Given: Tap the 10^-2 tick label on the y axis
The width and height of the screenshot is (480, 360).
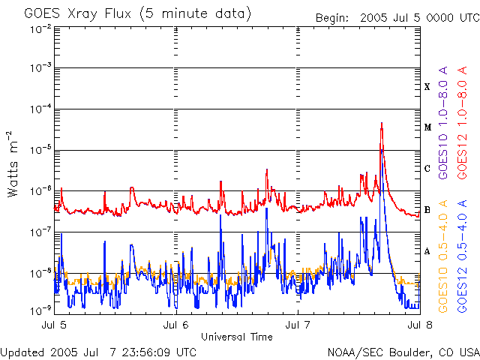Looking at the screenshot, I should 41,29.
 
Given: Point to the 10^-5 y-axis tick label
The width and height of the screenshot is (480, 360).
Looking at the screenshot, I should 41,149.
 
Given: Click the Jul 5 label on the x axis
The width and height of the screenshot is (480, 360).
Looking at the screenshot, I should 55,325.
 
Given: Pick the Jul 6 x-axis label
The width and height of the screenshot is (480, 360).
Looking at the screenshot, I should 176,325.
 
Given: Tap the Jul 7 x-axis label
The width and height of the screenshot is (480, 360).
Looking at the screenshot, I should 298,325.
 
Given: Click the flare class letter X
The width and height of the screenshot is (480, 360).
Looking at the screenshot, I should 427,87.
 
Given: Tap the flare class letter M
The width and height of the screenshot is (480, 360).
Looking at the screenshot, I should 427,127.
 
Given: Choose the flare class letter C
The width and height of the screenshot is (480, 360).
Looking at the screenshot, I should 427,169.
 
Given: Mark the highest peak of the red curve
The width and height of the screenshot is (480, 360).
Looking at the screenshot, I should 382,123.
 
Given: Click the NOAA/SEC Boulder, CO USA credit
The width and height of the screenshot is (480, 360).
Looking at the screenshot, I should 403,352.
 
